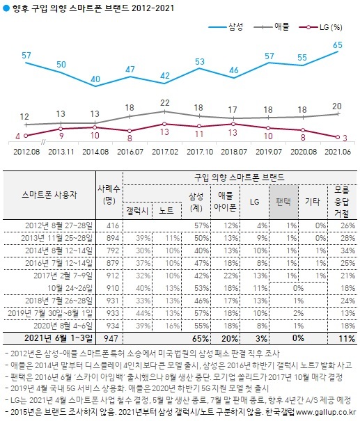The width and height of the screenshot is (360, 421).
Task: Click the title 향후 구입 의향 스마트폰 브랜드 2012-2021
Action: [x=92, y=8]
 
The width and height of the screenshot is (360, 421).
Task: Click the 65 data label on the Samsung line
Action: [x=337, y=45]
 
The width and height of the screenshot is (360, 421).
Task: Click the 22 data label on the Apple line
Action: [x=164, y=102]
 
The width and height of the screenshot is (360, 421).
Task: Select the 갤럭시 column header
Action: [x=137, y=208]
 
